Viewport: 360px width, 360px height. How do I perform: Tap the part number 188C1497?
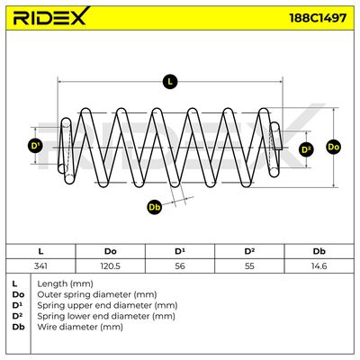318,18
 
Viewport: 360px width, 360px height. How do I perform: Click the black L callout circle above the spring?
170,82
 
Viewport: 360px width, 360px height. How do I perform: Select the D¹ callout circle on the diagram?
35,146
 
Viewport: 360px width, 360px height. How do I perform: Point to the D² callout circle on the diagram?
306,149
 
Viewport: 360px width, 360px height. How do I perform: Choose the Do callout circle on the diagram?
333,147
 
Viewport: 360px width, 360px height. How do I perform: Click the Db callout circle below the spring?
155,207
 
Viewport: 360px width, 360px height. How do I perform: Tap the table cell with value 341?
40,265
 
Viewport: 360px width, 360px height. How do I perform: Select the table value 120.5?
111,265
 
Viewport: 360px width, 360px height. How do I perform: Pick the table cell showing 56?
180,265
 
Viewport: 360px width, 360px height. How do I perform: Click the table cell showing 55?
249,265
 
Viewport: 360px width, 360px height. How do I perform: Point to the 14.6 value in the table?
319,265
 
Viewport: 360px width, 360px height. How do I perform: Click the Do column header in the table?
111,251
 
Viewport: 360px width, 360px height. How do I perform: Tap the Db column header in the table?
319,251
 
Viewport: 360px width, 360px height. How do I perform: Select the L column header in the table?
40,251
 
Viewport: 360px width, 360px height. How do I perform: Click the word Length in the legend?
52,283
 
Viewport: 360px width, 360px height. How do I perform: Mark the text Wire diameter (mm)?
80,327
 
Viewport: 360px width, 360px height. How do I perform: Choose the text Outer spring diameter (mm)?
97,294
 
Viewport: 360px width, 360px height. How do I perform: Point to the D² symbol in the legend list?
18,316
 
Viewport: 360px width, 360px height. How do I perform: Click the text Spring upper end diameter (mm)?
107,305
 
